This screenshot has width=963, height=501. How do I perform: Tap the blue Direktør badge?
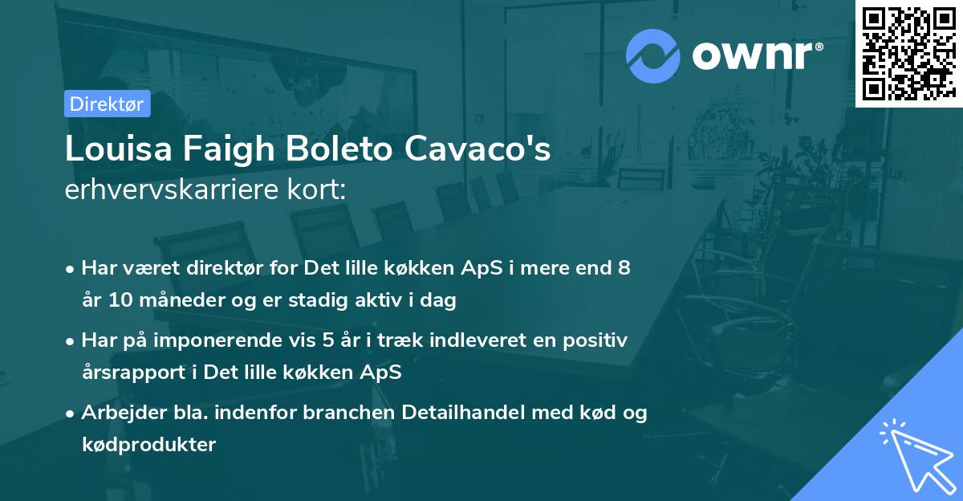coord(107,104)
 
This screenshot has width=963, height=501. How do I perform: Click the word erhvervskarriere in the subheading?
coord(164,190)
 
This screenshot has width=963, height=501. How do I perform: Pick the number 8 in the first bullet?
coord(624,268)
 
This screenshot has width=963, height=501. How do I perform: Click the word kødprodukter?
coord(149,444)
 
